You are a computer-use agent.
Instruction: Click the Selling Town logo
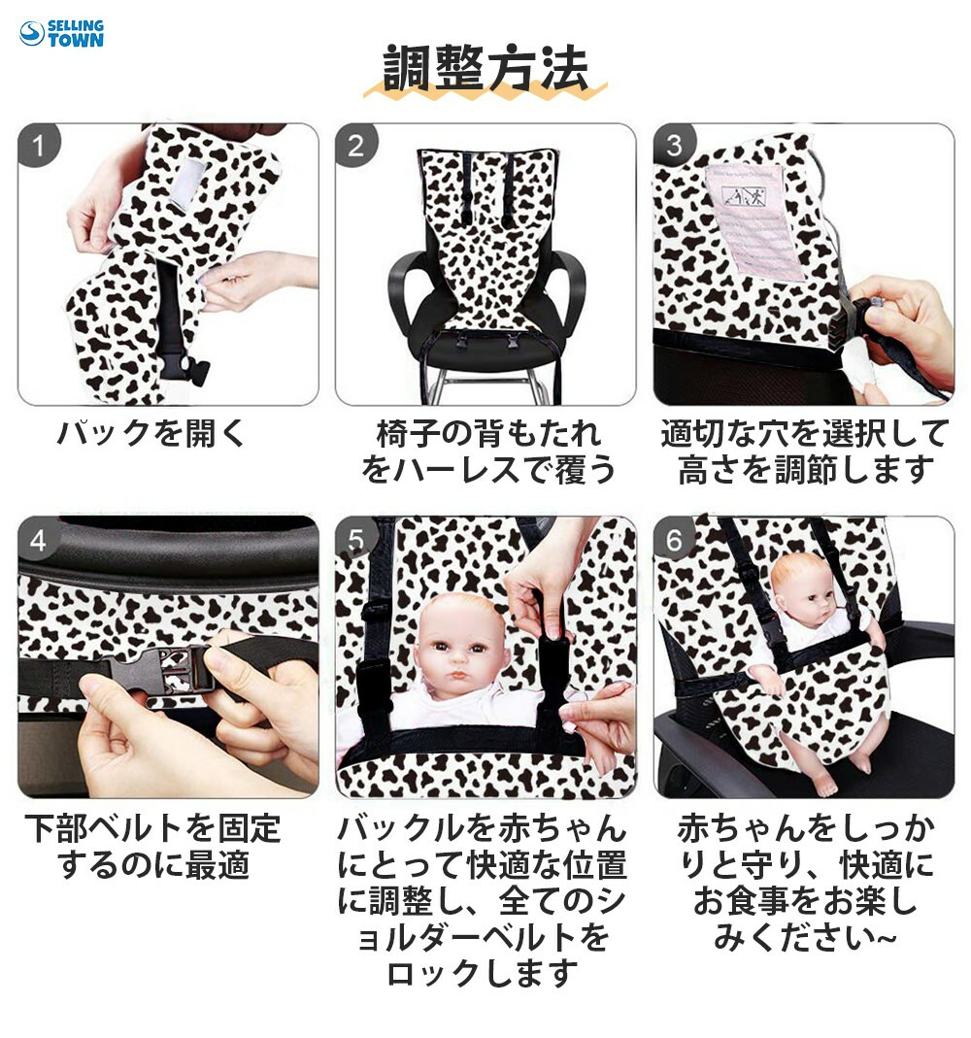pos(61,33)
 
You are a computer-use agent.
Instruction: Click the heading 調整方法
pos(485,68)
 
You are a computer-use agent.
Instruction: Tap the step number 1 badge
pos(39,145)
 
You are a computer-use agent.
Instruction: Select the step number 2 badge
pos(356,145)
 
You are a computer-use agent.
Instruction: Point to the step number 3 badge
pos(674,145)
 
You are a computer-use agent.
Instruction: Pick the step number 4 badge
pos(39,540)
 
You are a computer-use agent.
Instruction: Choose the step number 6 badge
pos(674,540)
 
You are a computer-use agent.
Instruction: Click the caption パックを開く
pos(151,433)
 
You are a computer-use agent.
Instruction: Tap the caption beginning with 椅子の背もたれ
pos(487,452)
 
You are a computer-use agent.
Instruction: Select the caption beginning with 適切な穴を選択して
pos(805,452)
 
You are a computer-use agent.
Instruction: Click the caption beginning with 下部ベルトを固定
pos(152,846)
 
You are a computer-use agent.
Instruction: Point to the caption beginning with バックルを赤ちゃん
pos(482,900)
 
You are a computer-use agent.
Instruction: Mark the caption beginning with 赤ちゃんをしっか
pos(806,882)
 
